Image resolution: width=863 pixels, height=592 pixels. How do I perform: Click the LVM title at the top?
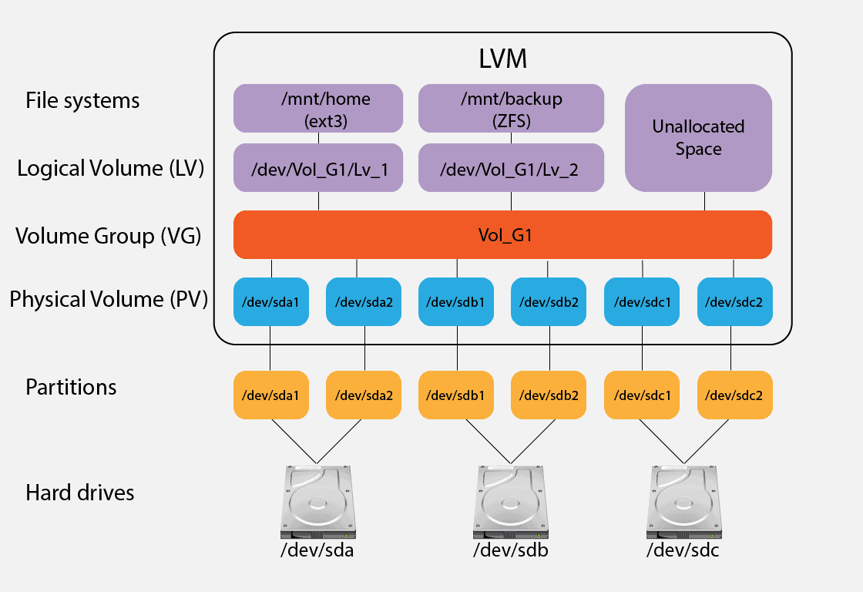coord(502,59)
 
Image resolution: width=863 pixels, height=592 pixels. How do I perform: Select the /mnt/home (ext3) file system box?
coord(317,109)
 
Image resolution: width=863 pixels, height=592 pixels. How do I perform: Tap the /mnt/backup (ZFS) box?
coord(510,109)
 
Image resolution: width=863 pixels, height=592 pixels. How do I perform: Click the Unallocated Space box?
coord(698,138)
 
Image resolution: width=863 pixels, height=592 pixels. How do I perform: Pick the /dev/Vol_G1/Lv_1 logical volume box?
coord(317,167)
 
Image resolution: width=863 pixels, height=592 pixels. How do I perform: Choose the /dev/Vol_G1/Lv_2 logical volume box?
coord(510,167)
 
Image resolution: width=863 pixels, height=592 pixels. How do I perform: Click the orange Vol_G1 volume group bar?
coord(502,234)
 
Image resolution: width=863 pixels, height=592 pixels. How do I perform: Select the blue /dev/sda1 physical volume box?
coord(270,301)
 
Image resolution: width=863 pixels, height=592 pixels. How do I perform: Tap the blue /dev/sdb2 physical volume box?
coord(549,301)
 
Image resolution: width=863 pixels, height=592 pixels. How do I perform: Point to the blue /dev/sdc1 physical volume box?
coord(641,301)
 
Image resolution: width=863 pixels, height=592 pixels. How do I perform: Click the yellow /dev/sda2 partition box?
coord(364,395)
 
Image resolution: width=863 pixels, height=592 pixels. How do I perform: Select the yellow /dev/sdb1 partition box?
coord(456,395)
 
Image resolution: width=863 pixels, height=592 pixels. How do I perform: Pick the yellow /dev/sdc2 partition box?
coord(734,395)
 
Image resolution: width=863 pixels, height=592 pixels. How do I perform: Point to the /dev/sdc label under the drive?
coord(682,551)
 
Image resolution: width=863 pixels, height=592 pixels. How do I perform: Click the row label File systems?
coord(82,100)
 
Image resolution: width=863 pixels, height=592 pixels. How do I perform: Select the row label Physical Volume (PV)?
coord(109,299)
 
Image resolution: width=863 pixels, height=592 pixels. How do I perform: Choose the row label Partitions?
coord(71,387)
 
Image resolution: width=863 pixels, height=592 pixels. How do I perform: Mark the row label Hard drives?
coord(79,493)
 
